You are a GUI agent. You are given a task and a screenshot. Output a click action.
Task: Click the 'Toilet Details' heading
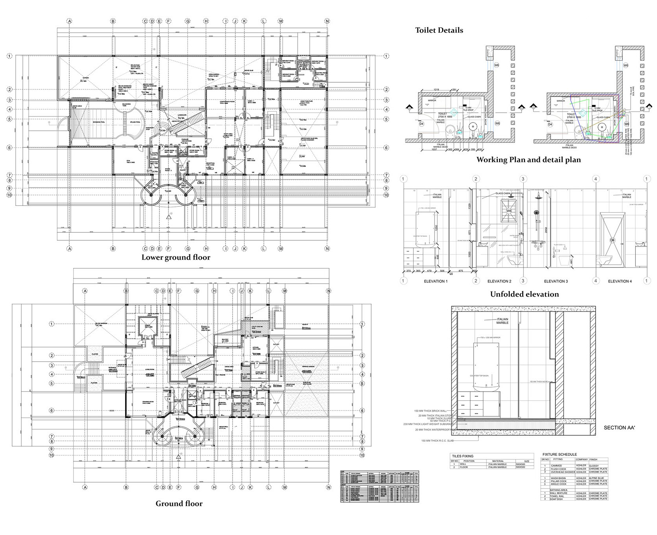click(x=439, y=30)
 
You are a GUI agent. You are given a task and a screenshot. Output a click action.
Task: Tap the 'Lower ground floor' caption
click(x=176, y=258)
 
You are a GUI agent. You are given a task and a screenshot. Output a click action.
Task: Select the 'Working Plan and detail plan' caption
click(x=528, y=160)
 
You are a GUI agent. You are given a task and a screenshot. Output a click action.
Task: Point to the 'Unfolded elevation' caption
click(x=524, y=294)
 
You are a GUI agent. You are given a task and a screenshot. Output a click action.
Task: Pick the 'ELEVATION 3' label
click(x=556, y=281)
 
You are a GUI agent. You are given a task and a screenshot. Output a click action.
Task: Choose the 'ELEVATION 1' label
click(x=436, y=281)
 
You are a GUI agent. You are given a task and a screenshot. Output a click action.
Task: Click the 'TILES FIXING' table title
click(x=463, y=456)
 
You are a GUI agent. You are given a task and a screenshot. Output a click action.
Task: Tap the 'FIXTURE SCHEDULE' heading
click(x=559, y=455)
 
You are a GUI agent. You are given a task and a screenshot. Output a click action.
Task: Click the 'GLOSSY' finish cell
click(x=594, y=466)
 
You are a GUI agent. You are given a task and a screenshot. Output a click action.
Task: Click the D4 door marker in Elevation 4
click(x=612, y=240)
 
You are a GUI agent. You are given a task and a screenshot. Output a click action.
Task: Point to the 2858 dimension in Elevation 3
click(x=546, y=230)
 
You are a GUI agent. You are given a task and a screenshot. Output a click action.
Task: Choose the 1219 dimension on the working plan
click(x=436, y=90)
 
